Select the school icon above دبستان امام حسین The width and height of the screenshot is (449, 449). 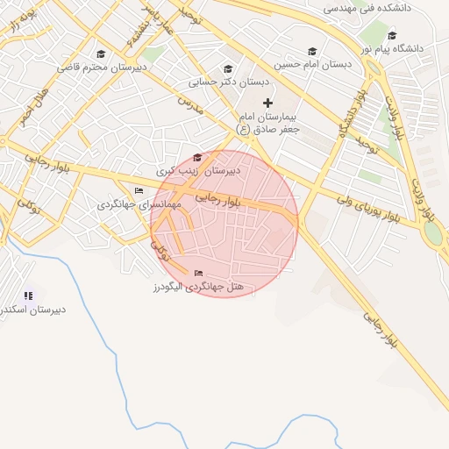coord(312,51)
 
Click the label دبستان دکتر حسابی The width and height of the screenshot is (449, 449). coord(229,83)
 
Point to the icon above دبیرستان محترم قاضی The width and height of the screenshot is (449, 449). coord(100,53)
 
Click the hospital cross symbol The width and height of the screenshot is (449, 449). coord(268,103)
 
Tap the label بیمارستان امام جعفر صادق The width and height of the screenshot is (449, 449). coord(271,123)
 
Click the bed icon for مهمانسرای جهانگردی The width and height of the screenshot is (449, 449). coord(139,190)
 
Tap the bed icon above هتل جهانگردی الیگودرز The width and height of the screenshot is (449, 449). coord(197,273)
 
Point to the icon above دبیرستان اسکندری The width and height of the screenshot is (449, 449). coord(29,296)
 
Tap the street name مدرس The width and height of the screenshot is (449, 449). coord(190,106)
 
